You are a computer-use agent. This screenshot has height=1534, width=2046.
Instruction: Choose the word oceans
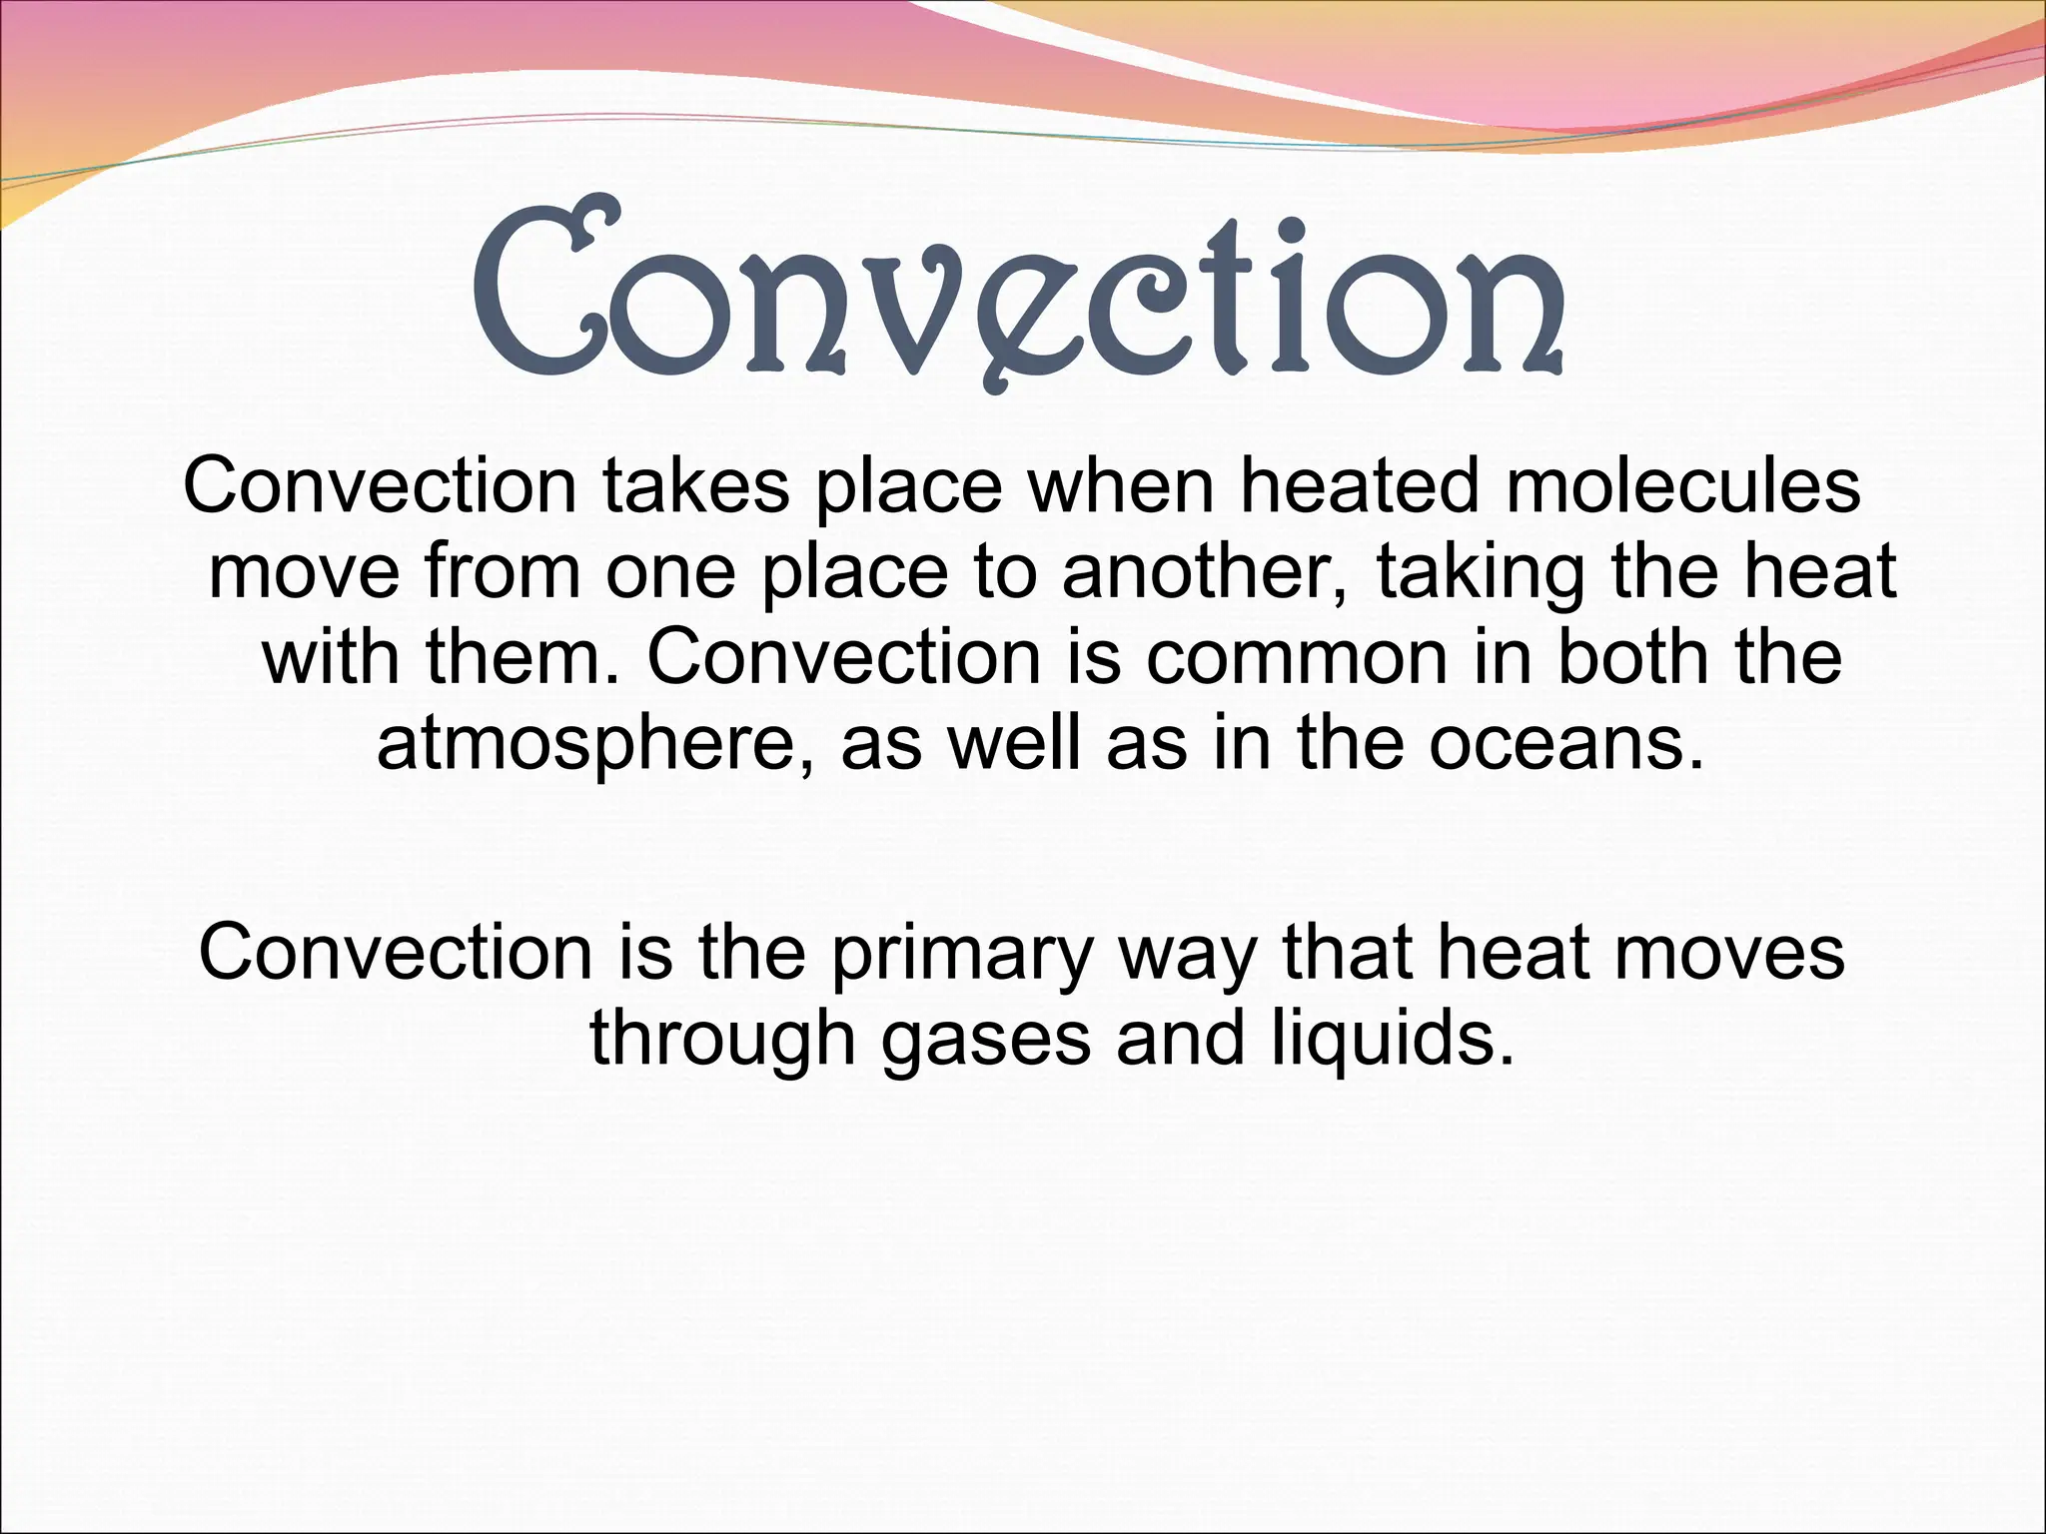pos(1564,745)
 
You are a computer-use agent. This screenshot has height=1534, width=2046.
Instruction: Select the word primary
pos(961,954)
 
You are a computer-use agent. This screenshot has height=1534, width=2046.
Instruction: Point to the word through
pos(723,1039)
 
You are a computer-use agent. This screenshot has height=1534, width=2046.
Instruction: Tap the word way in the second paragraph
pos(1187,954)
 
